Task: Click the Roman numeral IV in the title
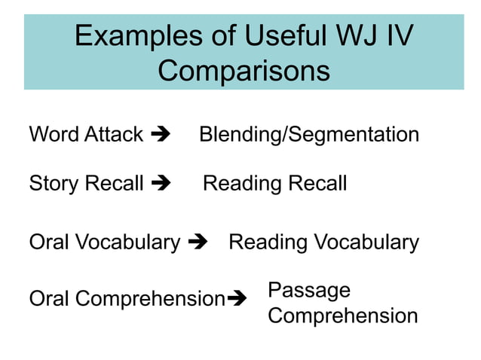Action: click(x=398, y=36)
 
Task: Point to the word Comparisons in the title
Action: click(x=244, y=71)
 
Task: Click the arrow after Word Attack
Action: click(x=161, y=136)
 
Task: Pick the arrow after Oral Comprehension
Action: click(x=237, y=299)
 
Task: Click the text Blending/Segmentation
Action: click(x=309, y=136)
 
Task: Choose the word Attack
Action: click(x=113, y=136)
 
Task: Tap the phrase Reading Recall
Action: click(x=275, y=183)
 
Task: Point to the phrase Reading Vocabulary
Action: click(x=323, y=243)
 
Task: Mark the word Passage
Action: click(x=309, y=291)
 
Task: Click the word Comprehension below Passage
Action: click(x=343, y=316)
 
